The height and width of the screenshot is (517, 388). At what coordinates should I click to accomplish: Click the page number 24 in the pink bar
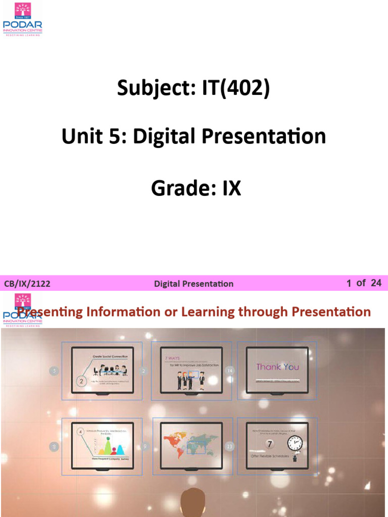click(376, 283)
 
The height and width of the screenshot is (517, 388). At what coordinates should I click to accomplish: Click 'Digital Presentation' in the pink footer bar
click(193, 284)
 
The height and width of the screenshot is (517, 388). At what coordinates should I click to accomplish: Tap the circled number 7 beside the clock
click(270, 445)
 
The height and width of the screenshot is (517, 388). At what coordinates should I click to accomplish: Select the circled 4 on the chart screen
click(80, 432)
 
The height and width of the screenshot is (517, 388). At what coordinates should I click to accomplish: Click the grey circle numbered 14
click(230, 371)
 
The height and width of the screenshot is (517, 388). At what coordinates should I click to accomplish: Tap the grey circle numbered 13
click(230, 446)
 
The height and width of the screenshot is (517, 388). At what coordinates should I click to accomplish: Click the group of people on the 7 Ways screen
click(190, 380)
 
